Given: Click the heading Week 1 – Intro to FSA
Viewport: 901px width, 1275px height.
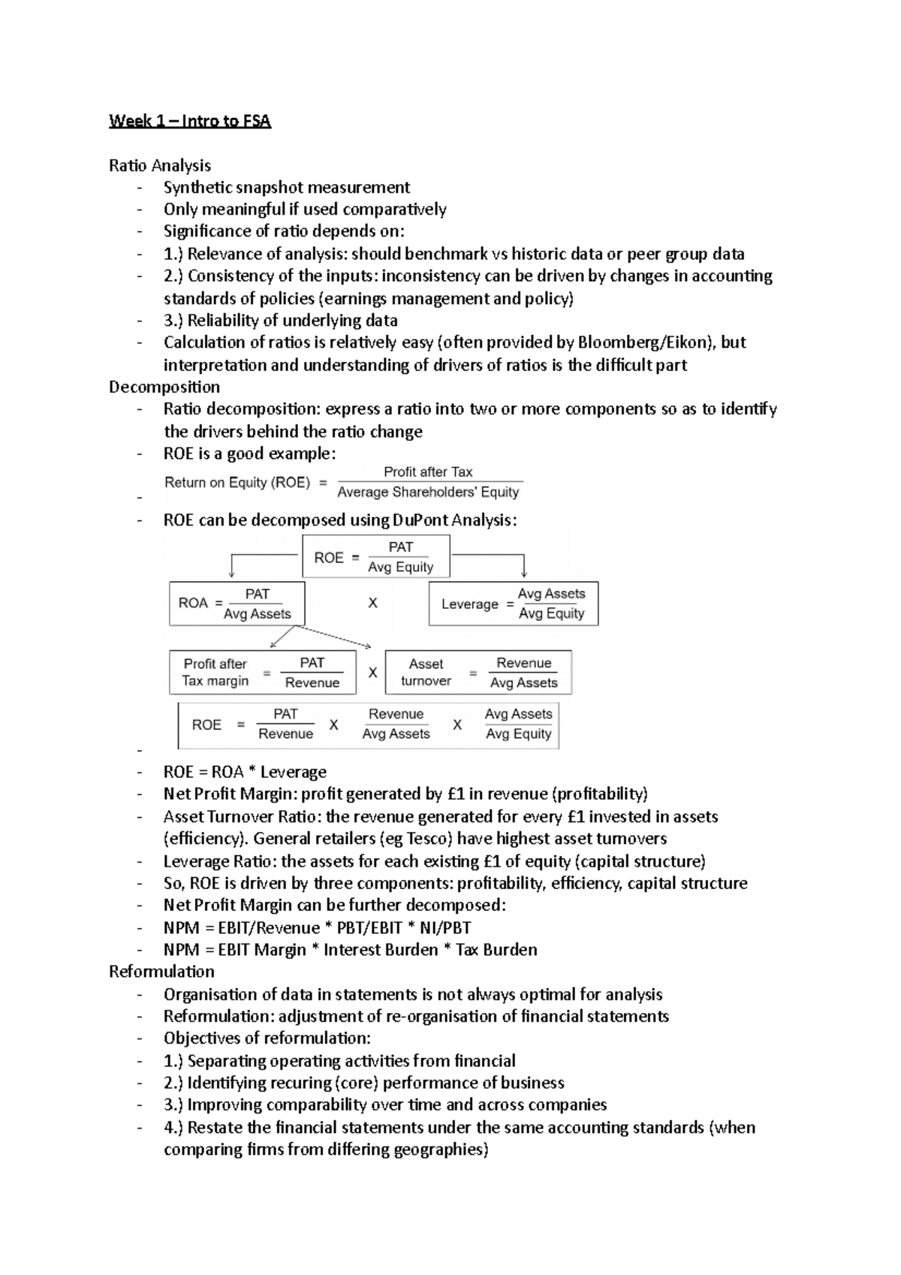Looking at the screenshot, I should point(189,121).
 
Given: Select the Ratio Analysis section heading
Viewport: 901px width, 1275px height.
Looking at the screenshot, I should point(160,165).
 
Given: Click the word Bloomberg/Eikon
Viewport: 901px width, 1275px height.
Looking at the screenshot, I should point(642,342).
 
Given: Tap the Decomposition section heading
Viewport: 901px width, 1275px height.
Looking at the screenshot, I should point(164,387).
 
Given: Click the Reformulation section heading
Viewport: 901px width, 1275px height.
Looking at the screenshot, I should point(161,971).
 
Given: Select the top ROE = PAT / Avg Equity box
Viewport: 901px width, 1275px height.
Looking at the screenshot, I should point(375,556).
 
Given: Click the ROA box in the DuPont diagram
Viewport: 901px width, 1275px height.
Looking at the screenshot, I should point(237,603).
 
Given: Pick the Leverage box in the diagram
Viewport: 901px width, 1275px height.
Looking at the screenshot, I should point(513,603).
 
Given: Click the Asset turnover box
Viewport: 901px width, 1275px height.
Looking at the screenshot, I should point(478,672).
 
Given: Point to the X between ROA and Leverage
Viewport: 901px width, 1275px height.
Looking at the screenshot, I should point(372,603).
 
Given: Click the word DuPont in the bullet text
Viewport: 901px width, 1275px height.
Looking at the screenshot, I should point(419,520).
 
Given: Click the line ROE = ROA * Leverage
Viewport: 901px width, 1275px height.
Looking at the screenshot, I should point(245,772).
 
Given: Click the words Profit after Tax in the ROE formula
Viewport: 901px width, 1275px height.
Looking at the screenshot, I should point(428,472).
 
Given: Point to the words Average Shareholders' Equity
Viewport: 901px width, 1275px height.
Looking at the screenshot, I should point(428,492).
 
